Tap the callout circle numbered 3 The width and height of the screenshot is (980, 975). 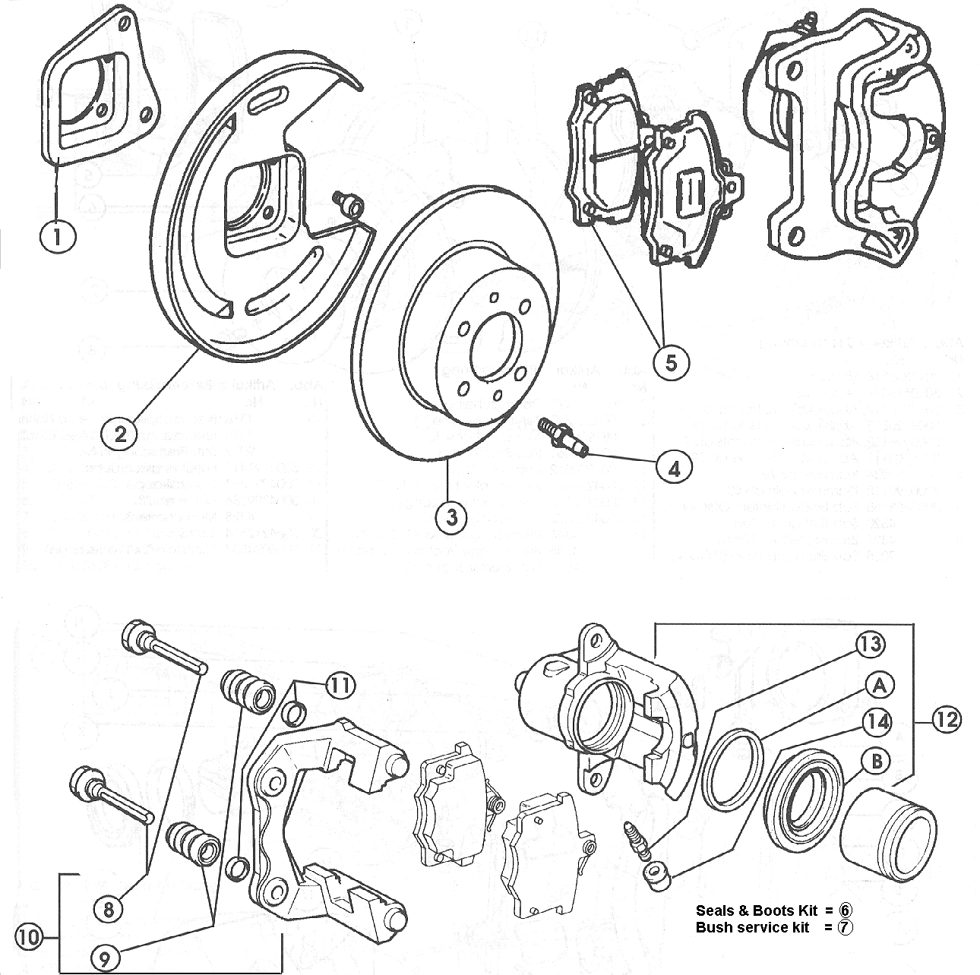[451, 517]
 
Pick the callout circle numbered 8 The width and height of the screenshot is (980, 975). [109, 907]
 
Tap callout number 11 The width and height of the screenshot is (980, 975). [340, 686]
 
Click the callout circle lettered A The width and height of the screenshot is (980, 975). [879, 685]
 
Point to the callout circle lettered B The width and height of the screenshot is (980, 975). [877, 760]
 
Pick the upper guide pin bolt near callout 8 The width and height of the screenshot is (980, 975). [163, 648]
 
